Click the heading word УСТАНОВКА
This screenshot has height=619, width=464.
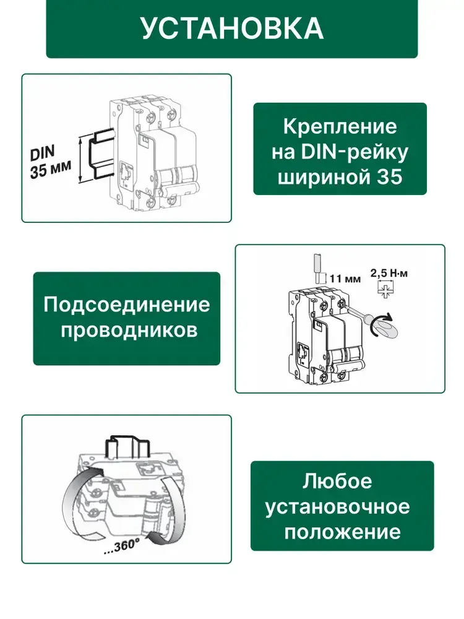point(233,28)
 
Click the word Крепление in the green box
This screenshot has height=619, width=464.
point(340,127)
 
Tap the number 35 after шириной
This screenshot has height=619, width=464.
point(389,177)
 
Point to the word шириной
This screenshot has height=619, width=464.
point(324,178)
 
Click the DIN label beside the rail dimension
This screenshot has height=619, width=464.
point(42,153)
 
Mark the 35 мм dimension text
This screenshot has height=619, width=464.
point(51,170)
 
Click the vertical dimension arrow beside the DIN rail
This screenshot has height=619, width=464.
point(81,159)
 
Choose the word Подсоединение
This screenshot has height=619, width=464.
point(127,305)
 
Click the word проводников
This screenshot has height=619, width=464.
point(129,331)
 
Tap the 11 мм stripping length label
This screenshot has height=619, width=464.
point(345,279)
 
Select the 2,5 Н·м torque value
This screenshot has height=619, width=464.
point(389,273)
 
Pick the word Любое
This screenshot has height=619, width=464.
point(337,482)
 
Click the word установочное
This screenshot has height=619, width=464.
point(337,507)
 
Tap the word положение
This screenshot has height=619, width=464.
point(343,532)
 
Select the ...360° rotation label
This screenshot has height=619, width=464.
point(121,547)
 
